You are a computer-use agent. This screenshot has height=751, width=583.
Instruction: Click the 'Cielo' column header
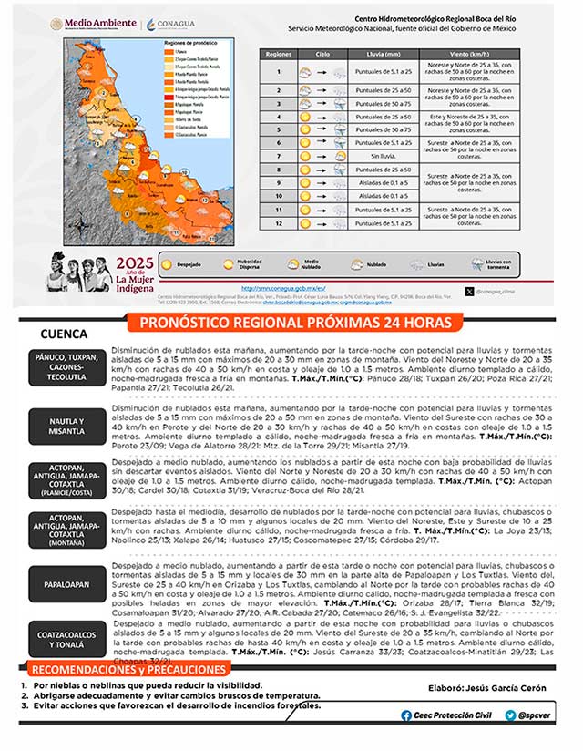click(x=323, y=55)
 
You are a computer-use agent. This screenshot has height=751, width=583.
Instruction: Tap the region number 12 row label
click(x=279, y=221)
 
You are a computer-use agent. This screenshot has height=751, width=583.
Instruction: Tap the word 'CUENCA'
click(x=64, y=334)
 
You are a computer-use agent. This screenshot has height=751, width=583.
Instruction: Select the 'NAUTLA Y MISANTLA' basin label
click(x=66, y=427)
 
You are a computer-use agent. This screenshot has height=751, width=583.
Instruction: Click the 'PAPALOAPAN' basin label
click(x=66, y=580)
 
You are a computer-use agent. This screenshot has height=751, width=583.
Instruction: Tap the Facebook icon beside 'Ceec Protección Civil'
click(x=406, y=715)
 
